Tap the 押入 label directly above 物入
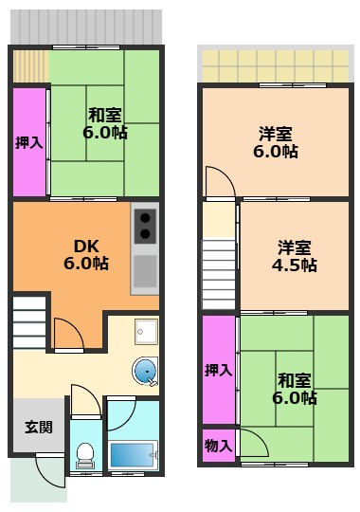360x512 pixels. [x=218, y=370]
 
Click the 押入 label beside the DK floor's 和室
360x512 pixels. [x=28, y=142]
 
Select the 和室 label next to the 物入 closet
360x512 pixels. [x=297, y=389]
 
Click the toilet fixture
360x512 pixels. [x=84, y=456]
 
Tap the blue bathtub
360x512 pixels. [x=131, y=454]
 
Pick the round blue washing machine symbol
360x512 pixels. [x=146, y=372]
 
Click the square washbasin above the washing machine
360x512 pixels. [x=146, y=331]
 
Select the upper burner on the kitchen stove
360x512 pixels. [x=145, y=216]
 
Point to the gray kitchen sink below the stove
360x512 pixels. [x=145, y=272]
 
